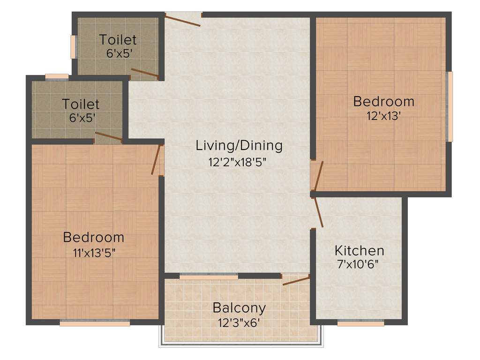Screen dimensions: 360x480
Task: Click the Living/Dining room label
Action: [239, 145]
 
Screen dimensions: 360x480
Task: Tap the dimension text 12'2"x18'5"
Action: [239, 162]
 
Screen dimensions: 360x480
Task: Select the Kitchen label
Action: [359, 250]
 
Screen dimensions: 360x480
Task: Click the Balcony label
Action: [239, 308]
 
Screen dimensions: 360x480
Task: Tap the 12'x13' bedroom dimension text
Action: [383, 115]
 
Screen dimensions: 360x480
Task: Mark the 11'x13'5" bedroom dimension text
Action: [94, 252]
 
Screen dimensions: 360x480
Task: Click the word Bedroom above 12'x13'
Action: [383, 101]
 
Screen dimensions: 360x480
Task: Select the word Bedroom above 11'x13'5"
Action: [94, 237]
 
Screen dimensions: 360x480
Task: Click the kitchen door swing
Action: [318, 212]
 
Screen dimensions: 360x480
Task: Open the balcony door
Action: [296, 280]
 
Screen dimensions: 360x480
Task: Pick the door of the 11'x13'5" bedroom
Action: [157, 159]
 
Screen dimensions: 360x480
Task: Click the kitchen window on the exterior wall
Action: [360, 323]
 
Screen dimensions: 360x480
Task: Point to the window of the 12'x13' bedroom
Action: [450, 106]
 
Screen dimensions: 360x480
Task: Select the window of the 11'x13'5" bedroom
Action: [95, 323]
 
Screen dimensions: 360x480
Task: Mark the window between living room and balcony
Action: [209, 277]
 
